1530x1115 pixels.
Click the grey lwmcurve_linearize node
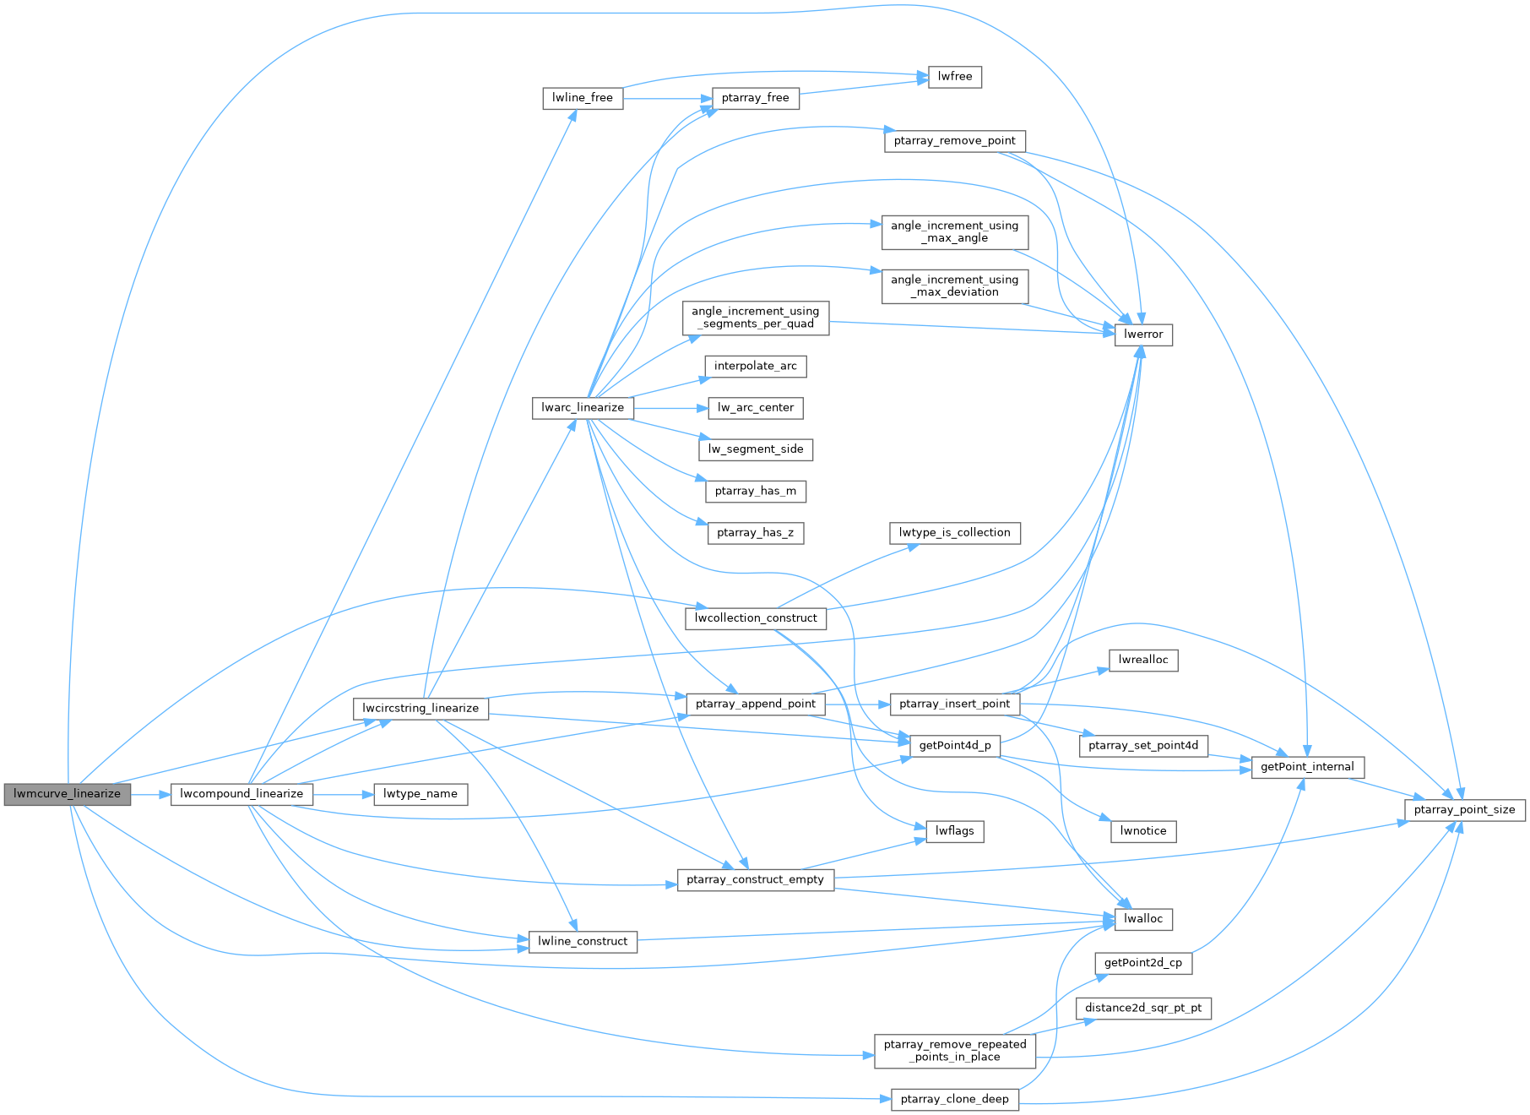[68, 794]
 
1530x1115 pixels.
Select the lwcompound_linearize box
[241, 794]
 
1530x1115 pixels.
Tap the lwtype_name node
[420, 794]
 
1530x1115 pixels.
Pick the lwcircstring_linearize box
[420, 708]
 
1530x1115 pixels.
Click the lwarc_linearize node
[583, 407]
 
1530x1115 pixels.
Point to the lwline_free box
[583, 98]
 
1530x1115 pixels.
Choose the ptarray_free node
[755, 98]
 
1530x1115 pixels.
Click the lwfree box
[955, 77]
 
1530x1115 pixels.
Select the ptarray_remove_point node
[954, 141]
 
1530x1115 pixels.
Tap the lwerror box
[1143, 334]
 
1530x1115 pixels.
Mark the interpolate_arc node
[755, 366]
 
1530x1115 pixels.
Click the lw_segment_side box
[756, 449]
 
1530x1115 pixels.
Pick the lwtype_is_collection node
[954, 533]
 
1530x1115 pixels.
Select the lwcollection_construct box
[756, 618]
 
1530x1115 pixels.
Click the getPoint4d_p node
[954, 746]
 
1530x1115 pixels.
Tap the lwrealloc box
[1143, 661]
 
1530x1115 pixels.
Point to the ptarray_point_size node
[1464, 810]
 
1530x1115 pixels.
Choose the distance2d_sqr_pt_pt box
[1143, 1008]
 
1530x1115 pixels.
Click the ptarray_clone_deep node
[954, 1099]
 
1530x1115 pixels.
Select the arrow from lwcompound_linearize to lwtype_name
[343, 795]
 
